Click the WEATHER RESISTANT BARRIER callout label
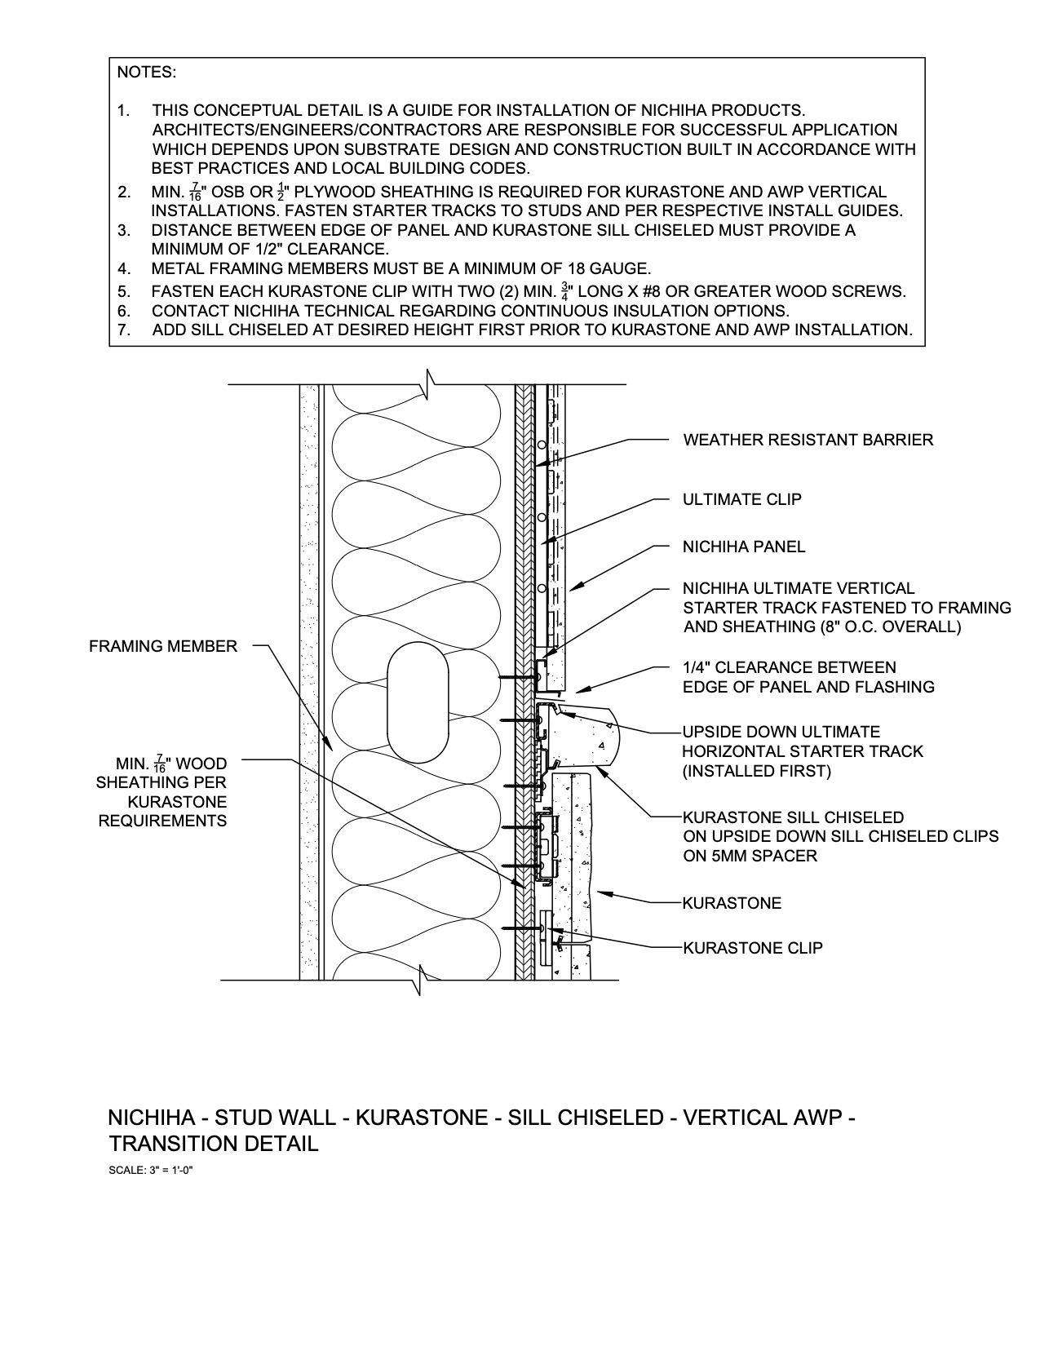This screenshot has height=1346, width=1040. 808,441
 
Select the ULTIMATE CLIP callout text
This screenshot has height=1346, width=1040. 741,499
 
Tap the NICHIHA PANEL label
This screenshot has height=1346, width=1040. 743,547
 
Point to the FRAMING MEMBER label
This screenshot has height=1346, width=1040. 163,647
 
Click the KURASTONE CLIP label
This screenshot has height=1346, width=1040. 752,948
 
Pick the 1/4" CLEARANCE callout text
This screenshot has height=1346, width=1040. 789,667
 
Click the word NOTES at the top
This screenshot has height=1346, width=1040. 147,73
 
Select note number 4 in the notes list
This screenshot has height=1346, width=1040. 124,268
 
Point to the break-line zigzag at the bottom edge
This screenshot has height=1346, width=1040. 421,979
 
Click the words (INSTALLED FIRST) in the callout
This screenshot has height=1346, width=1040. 756,771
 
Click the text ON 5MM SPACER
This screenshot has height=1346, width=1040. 750,856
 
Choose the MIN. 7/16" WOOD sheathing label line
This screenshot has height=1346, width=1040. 171,764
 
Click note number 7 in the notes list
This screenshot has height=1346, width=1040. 124,330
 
